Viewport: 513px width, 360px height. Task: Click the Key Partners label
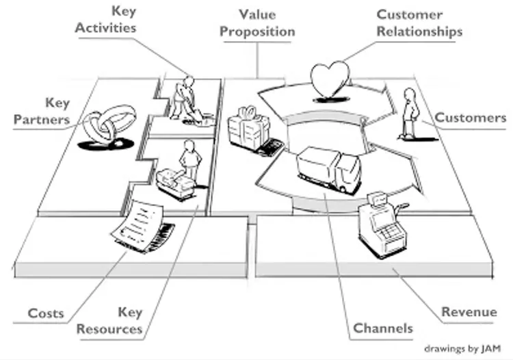(51, 112)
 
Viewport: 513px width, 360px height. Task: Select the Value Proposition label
(257, 23)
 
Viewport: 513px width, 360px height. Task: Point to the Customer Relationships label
(419, 23)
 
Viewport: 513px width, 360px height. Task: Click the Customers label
(470, 118)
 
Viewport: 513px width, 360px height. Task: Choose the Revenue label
(469, 312)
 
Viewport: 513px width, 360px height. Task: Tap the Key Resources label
(109, 320)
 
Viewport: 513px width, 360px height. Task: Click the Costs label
(46, 313)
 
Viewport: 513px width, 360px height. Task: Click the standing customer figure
(408, 113)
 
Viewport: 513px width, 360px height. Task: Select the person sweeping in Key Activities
(184, 99)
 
